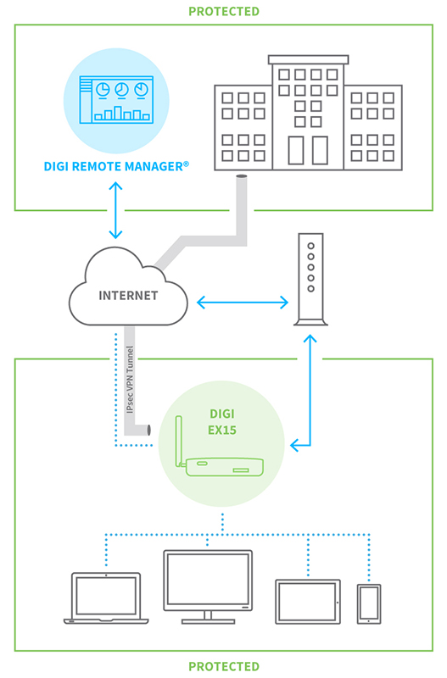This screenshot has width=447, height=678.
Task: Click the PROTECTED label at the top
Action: [x=224, y=11]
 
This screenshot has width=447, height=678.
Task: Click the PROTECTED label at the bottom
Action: [x=224, y=666]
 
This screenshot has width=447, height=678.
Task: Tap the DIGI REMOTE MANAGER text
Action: [x=116, y=166]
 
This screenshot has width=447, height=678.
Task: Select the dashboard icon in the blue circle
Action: [x=116, y=100]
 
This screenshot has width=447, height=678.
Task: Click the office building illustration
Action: [x=308, y=113]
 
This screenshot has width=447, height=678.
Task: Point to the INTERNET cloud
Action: [x=129, y=286]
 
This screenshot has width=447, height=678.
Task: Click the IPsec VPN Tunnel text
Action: [x=130, y=379]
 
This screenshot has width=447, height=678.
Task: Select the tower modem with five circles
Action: [x=310, y=280]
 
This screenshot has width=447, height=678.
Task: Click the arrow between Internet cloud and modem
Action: [x=243, y=303]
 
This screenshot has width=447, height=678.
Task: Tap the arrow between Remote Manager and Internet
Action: [x=115, y=210]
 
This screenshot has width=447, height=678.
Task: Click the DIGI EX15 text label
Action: [x=222, y=422]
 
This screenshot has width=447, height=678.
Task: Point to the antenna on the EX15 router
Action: [x=179, y=441]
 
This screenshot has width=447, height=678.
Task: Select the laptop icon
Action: [x=106, y=598]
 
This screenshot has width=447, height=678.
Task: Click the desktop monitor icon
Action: [x=208, y=586]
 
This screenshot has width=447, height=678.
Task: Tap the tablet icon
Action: [x=308, y=602]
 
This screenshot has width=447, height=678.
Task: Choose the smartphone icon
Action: [x=369, y=604]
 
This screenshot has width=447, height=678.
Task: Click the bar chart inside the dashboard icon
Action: [x=122, y=114]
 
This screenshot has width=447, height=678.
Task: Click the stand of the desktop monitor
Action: [x=208, y=618]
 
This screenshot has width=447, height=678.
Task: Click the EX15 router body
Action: [x=225, y=467]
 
